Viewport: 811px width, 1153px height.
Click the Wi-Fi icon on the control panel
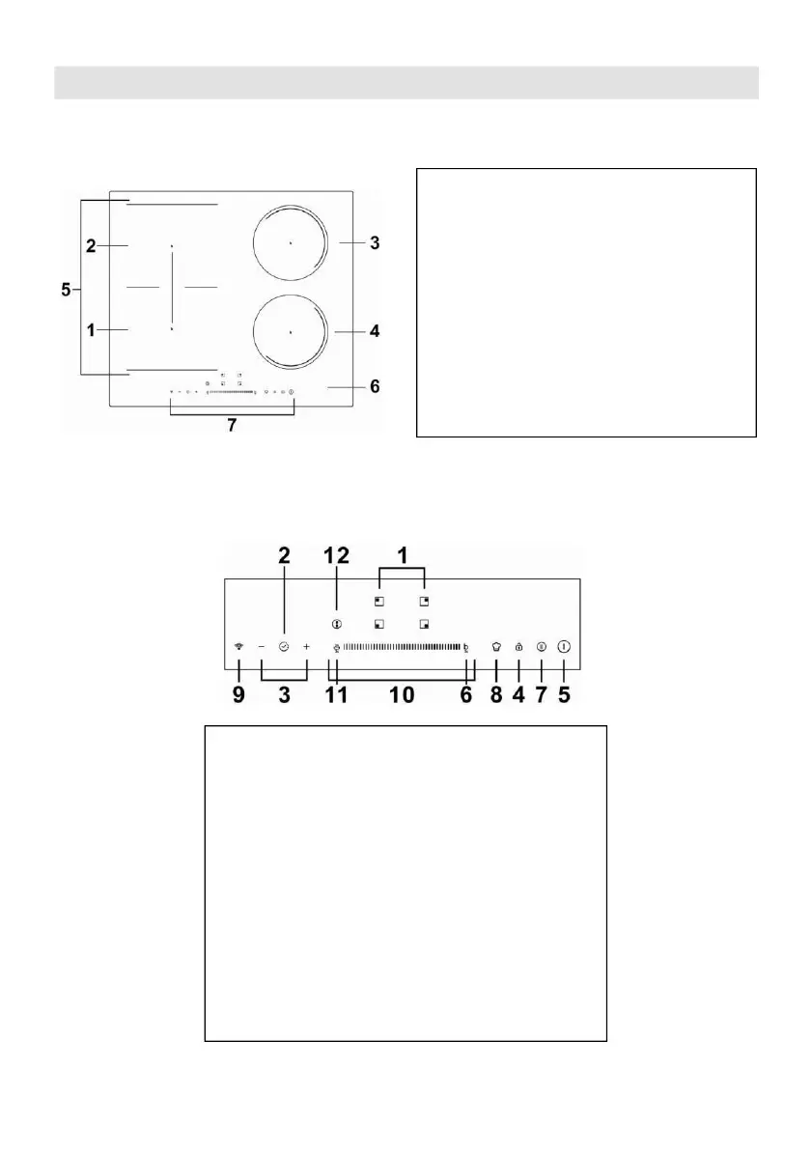(238, 647)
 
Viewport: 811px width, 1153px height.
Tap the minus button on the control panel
(262, 647)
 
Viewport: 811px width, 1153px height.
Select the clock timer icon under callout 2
(284, 647)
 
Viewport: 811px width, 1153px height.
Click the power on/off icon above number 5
(564, 647)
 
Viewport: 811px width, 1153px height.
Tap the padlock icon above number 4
(518, 647)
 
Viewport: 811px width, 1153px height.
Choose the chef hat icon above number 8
(495, 647)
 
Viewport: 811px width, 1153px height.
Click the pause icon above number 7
(541, 647)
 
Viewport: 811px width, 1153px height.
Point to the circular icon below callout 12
(336, 624)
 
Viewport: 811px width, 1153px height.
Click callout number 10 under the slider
(402, 695)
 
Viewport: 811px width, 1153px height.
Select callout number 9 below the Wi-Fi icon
(238, 695)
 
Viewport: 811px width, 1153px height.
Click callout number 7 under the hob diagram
(232, 425)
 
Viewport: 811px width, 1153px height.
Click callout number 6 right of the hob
(375, 387)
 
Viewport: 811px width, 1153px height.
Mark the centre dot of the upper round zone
(290, 244)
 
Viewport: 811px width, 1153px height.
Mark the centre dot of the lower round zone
(290, 332)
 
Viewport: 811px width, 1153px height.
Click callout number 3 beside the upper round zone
(375, 243)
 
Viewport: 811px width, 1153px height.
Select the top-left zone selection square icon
(379, 601)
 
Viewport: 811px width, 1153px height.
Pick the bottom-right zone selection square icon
(424, 624)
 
